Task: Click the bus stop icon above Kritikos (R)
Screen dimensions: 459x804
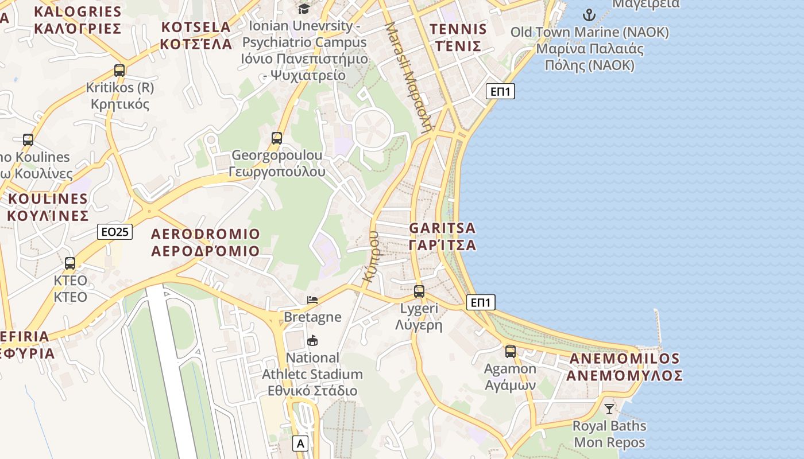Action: click(x=119, y=71)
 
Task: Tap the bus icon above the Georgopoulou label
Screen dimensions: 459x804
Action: click(x=277, y=138)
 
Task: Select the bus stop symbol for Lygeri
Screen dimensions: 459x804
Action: click(x=419, y=291)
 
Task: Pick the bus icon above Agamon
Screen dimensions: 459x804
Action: click(x=510, y=352)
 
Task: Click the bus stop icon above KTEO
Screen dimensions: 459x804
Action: click(x=70, y=263)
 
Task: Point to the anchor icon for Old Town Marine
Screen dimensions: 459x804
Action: click(x=589, y=15)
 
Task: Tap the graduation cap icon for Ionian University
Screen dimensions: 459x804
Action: click(x=304, y=9)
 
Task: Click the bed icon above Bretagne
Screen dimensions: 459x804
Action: click(x=312, y=300)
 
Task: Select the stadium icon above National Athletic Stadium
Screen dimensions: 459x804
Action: click(x=312, y=341)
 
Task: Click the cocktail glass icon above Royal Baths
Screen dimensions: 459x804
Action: click(x=609, y=409)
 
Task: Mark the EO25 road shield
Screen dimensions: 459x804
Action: click(x=115, y=232)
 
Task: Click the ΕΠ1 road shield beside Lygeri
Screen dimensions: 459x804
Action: click(x=481, y=302)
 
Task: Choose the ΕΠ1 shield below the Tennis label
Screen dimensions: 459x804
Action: click(x=500, y=91)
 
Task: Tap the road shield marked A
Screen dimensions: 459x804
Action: click(x=300, y=443)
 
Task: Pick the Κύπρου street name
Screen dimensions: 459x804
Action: click(x=372, y=256)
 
